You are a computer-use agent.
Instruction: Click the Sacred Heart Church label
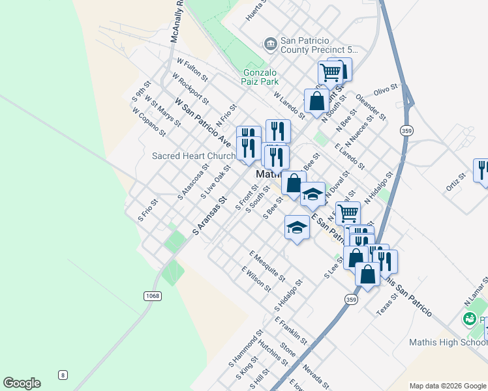click(193, 156)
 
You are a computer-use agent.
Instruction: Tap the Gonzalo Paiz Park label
click(261, 77)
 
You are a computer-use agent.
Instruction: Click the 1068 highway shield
click(152, 296)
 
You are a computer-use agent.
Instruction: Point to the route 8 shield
click(63, 374)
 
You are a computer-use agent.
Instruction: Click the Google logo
click(22, 383)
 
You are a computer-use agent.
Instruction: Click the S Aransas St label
click(209, 216)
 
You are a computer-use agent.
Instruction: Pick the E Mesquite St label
click(267, 265)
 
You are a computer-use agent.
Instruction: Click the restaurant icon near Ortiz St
click(482, 170)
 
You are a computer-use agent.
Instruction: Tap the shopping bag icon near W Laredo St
click(316, 102)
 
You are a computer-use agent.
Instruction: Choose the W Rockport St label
click(190, 89)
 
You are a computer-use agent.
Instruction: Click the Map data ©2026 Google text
click(448, 386)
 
